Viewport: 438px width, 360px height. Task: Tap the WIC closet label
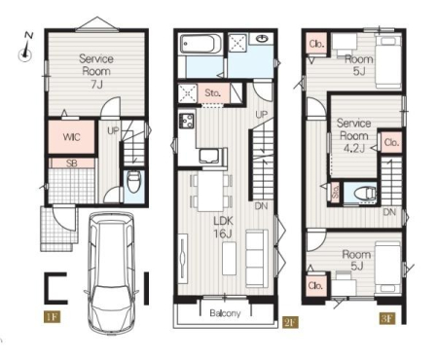[x=71, y=137]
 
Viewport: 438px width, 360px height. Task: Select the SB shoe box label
[x=71, y=163]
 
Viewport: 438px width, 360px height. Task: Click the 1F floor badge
[x=53, y=316]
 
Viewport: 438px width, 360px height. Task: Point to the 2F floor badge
[x=290, y=322]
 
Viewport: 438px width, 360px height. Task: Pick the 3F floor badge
[x=386, y=318]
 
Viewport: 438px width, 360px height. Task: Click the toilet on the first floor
[x=134, y=182]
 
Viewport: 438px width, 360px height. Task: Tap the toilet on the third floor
[x=366, y=194]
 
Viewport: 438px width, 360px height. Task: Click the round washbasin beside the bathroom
[x=262, y=39]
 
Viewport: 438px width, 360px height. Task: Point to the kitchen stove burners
[x=186, y=121]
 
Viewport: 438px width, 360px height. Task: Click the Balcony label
[x=225, y=313]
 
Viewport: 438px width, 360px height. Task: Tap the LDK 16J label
[x=223, y=227]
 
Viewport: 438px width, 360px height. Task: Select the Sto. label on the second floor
[x=213, y=93]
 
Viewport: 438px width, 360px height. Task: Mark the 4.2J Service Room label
[x=353, y=135]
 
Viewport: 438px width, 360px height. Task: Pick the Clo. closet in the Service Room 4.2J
[x=391, y=142]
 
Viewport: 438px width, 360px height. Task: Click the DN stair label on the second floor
[x=261, y=205]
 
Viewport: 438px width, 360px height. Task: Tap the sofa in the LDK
[x=257, y=259]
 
